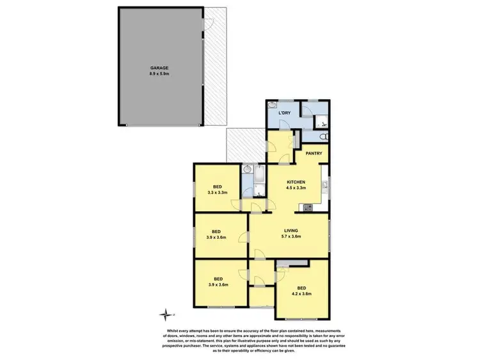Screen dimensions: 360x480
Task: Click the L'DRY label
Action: (285, 113)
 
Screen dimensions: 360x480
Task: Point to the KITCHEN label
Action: (295, 181)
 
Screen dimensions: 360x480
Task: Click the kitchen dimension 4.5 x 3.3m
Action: (295, 188)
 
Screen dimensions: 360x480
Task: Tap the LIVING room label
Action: (292, 230)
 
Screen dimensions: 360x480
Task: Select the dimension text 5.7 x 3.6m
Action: (292, 236)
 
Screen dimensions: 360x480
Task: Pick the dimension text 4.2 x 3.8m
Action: (301, 293)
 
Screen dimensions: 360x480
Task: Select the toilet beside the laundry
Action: (324, 136)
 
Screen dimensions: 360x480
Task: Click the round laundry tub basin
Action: (273, 108)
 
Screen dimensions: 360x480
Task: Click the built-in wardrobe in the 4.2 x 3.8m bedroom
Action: (291, 264)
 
